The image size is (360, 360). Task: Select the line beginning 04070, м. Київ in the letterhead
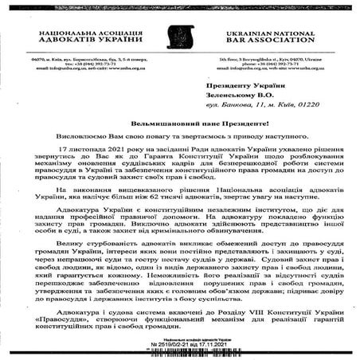[x=88, y=58]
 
